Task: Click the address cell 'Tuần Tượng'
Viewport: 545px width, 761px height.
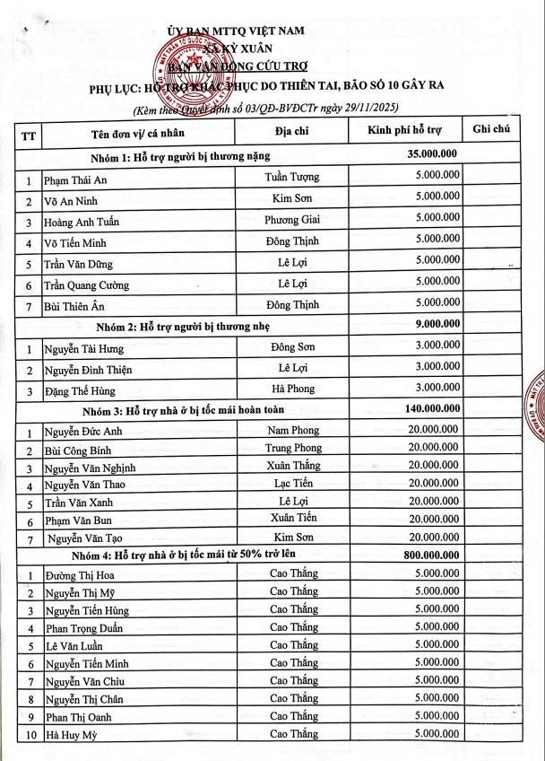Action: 292,176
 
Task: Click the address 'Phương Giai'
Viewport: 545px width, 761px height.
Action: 292,219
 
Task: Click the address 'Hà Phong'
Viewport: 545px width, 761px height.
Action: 292,389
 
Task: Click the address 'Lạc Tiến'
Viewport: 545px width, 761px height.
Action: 293,483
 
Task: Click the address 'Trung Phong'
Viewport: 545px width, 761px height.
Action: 293,448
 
